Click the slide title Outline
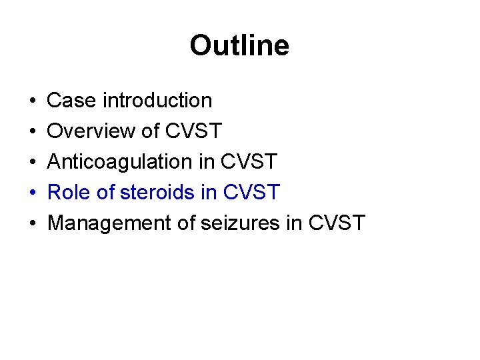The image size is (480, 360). tap(239, 46)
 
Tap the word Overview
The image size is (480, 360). tap(91, 131)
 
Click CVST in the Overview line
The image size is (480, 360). tap(193, 131)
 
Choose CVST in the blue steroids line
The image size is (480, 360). tap(252, 193)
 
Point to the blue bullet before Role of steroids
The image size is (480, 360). tap(33, 193)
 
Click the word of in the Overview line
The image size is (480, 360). tap(150, 131)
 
